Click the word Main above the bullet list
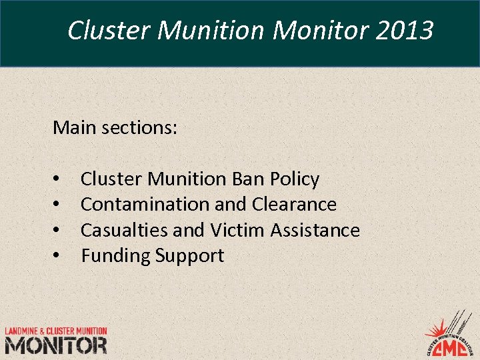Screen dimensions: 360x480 point(75,127)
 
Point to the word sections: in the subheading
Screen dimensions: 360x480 point(139,127)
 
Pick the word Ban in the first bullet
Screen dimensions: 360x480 point(249,179)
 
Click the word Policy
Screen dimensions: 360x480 point(295,179)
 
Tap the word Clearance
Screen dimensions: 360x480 point(294,204)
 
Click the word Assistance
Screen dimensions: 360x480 point(315,230)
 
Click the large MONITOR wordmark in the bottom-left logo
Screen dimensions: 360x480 point(56,345)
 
